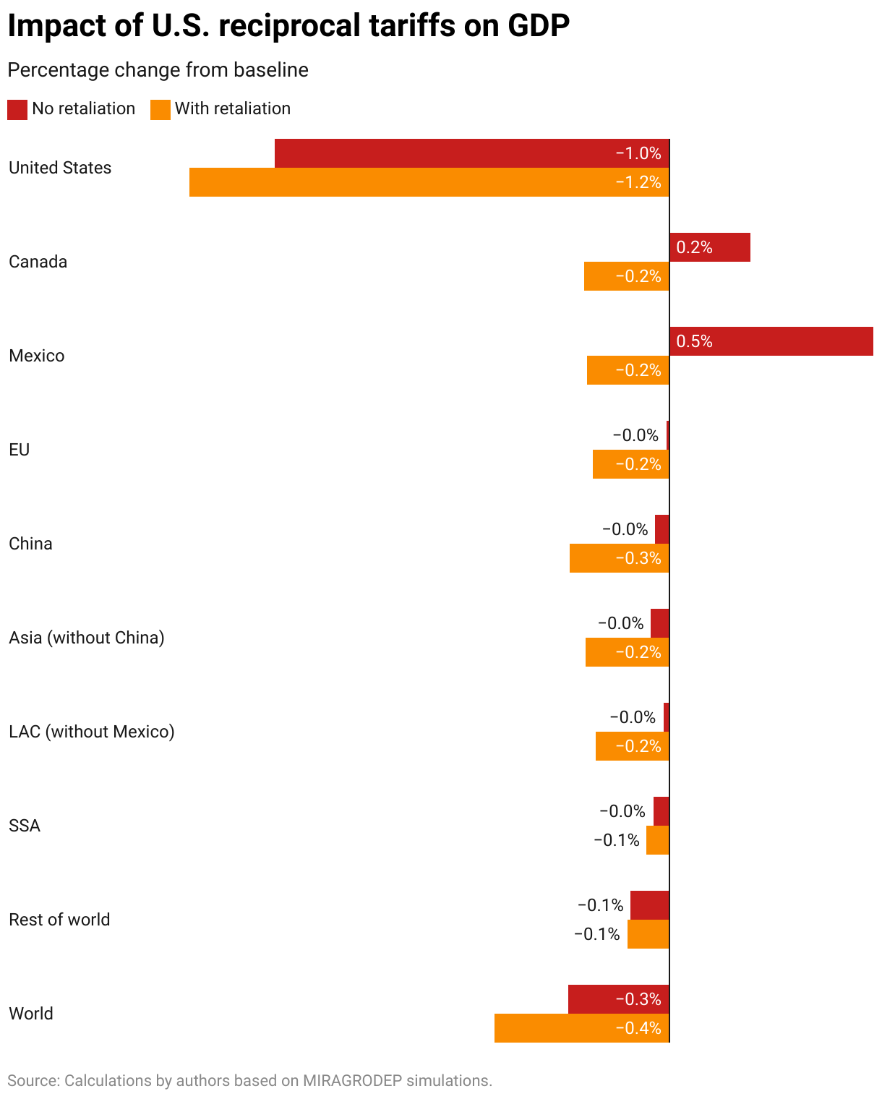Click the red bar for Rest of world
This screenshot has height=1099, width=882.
[x=649, y=905]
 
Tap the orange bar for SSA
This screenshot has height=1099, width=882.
[x=657, y=840]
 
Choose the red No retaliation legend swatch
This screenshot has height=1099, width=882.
[x=17, y=109]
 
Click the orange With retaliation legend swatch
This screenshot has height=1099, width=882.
[x=160, y=109]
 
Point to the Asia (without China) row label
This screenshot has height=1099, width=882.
[x=87, y=638]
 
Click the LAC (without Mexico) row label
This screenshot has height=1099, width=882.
[x=92, y=732]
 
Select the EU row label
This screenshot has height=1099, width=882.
[x=20, y=450]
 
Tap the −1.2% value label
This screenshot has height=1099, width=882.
[x=638, y=182]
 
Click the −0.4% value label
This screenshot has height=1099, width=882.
[x=638, y=1028]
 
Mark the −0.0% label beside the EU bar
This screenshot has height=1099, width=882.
[x=635, y=435]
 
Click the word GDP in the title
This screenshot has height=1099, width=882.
[x=539, y=26]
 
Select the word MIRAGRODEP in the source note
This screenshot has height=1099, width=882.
[x=352, y=1081]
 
